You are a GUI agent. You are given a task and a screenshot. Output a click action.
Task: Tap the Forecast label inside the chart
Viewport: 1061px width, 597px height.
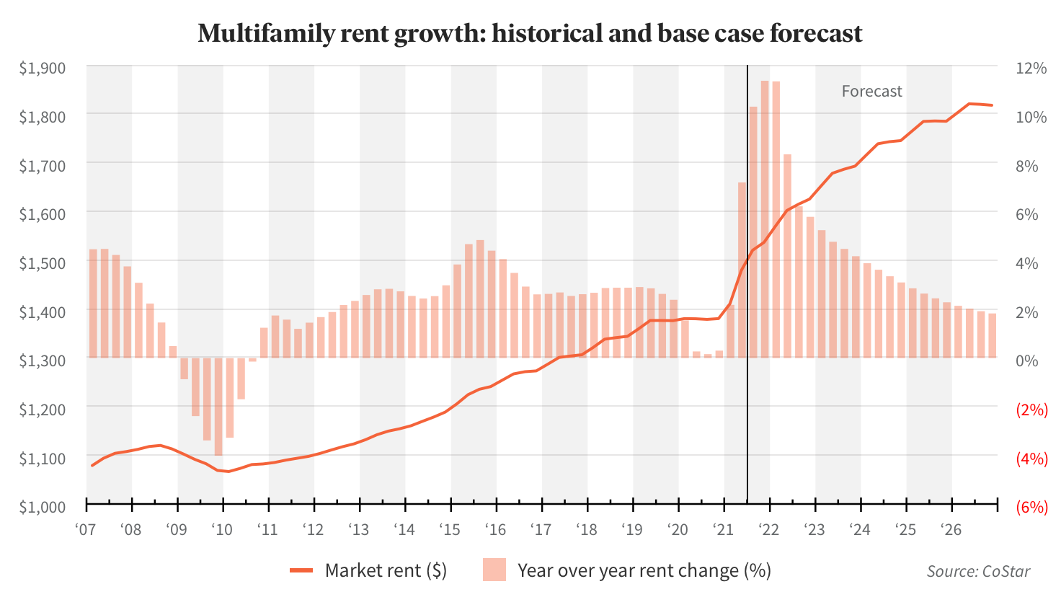[x=871, y=92]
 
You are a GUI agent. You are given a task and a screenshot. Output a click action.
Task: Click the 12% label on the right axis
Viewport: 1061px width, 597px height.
[x=1031, y=68]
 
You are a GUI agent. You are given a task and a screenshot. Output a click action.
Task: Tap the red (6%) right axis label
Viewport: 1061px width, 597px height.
[x=1031, y=507]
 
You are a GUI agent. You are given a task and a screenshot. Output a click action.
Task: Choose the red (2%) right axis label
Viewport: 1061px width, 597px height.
[x=1031, y=410]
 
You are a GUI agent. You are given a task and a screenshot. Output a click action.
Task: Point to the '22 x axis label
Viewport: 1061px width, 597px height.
[x=768, y=530]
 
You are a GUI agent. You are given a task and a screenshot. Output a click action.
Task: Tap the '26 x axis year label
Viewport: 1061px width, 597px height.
[x=951, y=530]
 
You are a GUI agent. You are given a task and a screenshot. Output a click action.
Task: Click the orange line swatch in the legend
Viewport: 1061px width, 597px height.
[x=301, y=570]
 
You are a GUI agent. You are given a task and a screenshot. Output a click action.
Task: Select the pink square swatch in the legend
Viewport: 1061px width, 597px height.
[x=494, y=570]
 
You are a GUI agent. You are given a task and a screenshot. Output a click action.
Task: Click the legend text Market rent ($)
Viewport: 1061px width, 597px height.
[x=386, y=570]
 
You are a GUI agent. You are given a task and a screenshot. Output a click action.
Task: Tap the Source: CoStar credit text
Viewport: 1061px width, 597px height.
[x=978, y=571]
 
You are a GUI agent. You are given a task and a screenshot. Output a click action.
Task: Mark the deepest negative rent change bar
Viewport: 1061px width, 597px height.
[x=218, y=407]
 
